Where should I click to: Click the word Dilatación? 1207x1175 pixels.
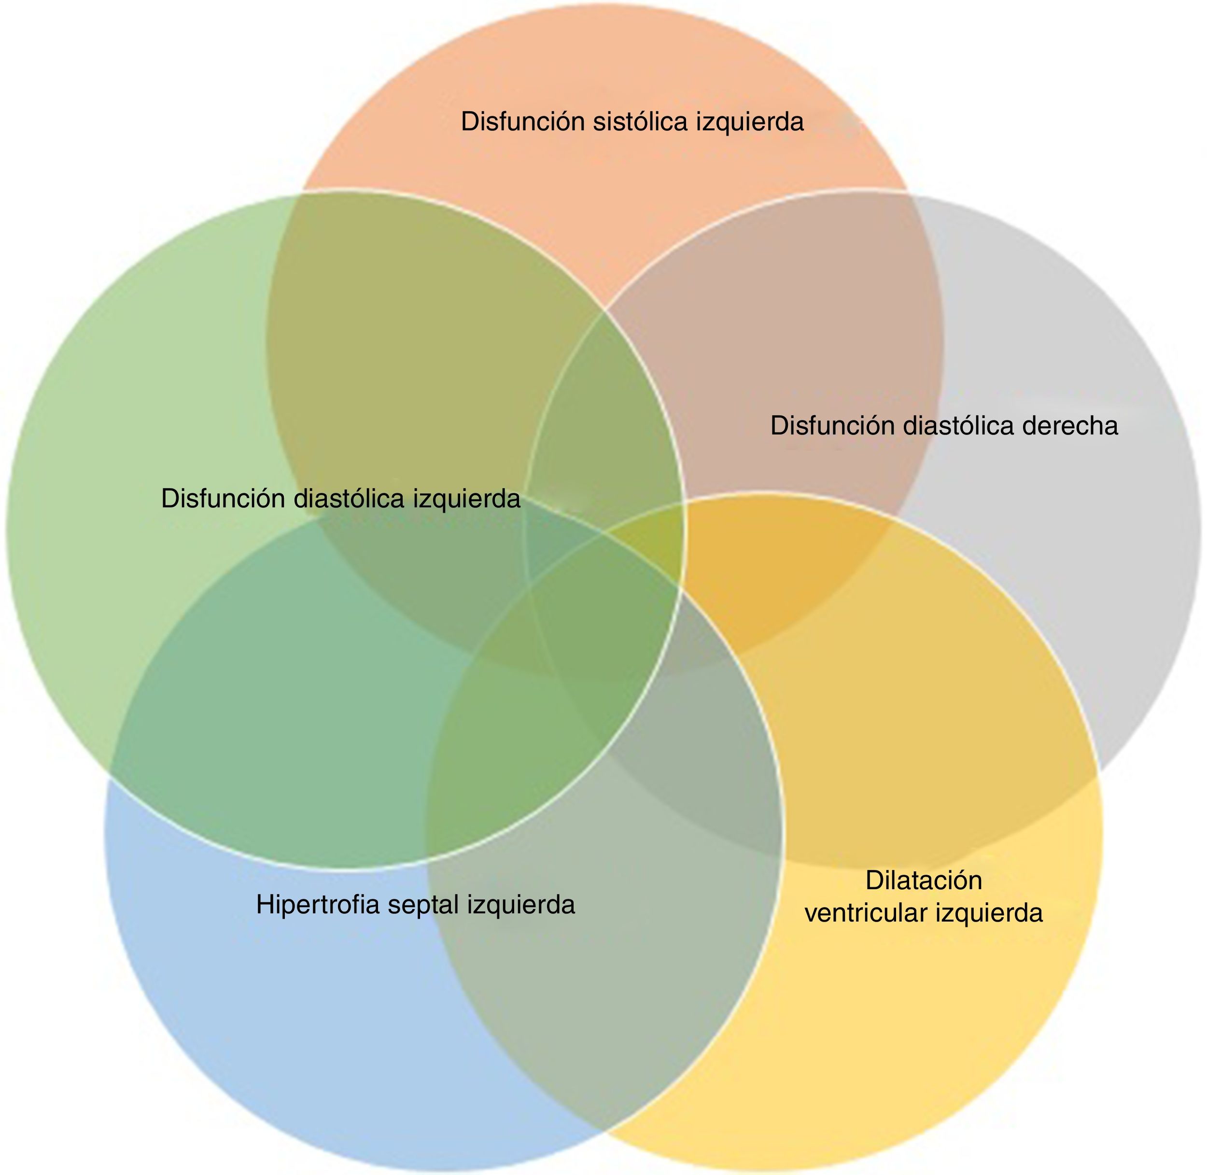pyautogui.click(x=923, y=880)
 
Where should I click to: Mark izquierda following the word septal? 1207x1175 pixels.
pyautogui.click(x=521, y=905)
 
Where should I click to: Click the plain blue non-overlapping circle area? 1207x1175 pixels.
pyautogui.click(x=278, y=1018)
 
